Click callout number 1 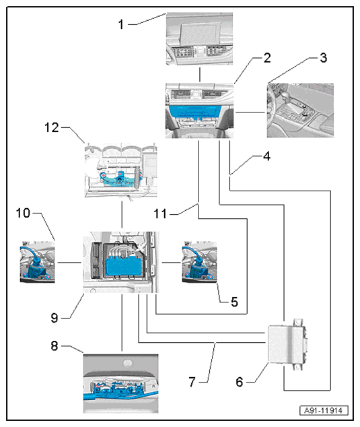pyautogui.click(x=121, y=24)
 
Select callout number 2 pyautogui.click(x=267, y=58)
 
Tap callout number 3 pyautogui.click(x=323, y=58)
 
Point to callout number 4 pyautogui.click(x=267, y=156)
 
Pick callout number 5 pyautogui.click(x=234, y=302)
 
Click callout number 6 pyautogui.click(x=240, y=382)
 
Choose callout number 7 pyautogui.click(x=192, y=382)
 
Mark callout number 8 pyautogui.click(x=55, y=346)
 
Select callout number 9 pyautogui.click(x=55, y=317)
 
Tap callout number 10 pyautogui.click(x=23, y=213)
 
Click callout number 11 pyautogui.click(x=160, y=214)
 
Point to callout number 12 pyautogui.click(x=52, y=127)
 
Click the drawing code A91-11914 pyautogui.click(x=324, y=410)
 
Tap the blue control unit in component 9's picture pyautogui.click(x=125, y=266)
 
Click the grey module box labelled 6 pyautogui.click(x=287, y=344)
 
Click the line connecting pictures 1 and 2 pyautogui.click(x=200, y=75)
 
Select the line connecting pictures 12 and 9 pyautogui.click(x=122, y=215)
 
